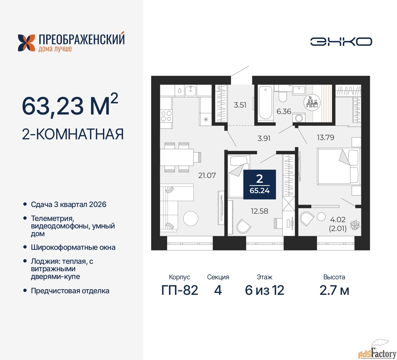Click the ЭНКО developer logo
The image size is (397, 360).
[341, 42]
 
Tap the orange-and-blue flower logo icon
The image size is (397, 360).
[27, 43]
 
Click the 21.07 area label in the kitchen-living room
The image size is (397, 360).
[207, 175]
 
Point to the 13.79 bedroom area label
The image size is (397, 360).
[325, 137]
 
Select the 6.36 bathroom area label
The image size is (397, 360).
[284, 111]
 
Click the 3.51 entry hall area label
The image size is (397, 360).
[240, 105]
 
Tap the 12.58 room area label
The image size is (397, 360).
[259, 211]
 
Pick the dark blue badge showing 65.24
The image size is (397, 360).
[260, 184]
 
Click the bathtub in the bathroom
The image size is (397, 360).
[265, 103]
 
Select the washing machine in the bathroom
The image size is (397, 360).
[299, 118]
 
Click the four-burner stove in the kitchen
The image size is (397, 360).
[166, 116]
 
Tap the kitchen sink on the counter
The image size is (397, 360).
[190, 91]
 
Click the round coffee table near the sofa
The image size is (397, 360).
[190, 218]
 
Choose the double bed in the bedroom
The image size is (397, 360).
[338, 166]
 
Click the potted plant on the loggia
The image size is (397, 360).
[355, 225]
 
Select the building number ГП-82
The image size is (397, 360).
[180, 290]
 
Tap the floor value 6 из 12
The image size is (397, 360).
[265, 290]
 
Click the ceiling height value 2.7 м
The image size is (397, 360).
[334, 290]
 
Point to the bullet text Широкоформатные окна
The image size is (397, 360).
[73, 247]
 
